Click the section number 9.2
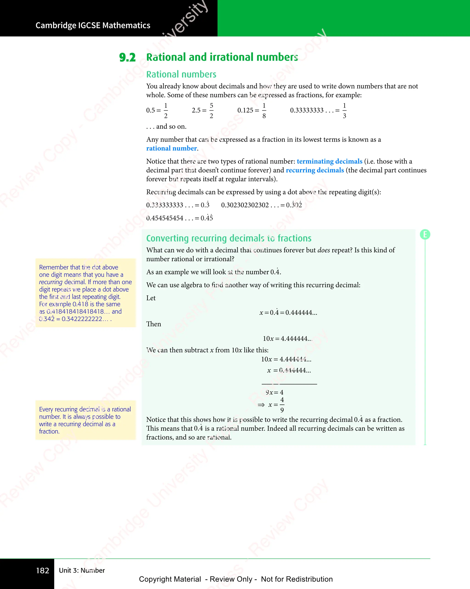(127, 58)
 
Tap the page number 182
(43, 570)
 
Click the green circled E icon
(425, 234)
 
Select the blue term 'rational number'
(171, 148)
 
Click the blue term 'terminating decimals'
(329, 162)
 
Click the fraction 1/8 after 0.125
(264, 110)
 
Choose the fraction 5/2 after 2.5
(211, 110)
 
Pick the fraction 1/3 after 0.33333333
(344, 110)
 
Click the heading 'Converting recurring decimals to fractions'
(229, 238)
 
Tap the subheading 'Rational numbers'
(181, 74)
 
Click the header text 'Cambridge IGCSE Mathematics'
(93, 25)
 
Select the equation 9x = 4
(274, 393)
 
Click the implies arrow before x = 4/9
(261, 405)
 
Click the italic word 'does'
(324, 250)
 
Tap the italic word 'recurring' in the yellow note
(51, 282)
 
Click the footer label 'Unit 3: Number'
(82, 570)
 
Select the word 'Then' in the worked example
(154, 324)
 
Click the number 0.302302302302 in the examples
(245, 205)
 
